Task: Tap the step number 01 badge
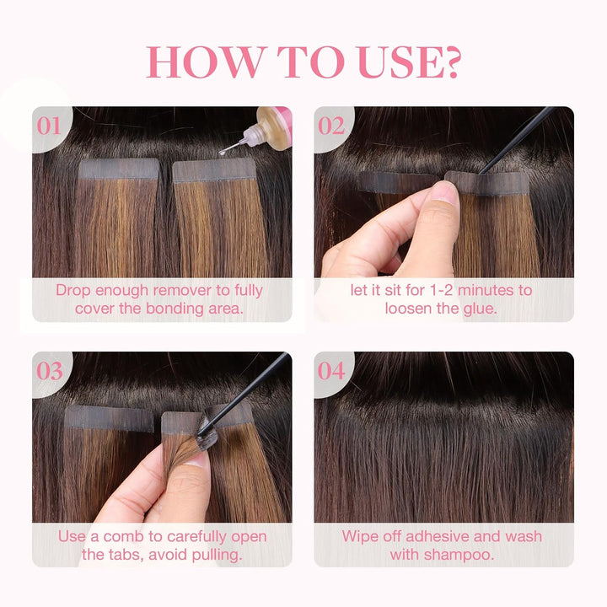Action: tap(49, 126)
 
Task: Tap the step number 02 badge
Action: tap(331, 126)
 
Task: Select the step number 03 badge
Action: tap(49, 370)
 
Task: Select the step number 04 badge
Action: tap(331, 370)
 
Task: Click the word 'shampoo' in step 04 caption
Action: tap(461, 554)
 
